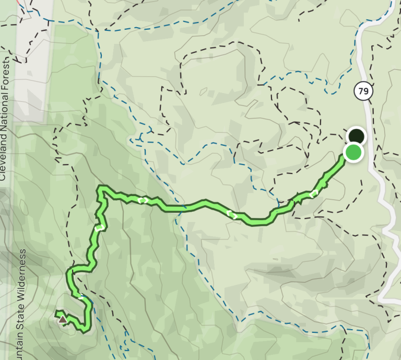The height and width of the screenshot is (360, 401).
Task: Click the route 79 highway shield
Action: click(x=364, y=92)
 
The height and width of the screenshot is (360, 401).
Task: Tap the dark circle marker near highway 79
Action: click(x=357, y=136)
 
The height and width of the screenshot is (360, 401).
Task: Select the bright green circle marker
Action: click(x=353, y=153)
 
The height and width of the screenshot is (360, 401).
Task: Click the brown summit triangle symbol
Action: click(x=63, y=318)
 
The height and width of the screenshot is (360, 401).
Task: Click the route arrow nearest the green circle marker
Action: click(x=313, y=194)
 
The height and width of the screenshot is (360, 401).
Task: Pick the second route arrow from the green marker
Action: click(x=232, y=214)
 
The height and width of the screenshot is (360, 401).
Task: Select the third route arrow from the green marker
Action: click(x=141, y=200)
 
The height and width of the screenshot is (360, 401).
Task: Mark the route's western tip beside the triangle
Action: click(x=56, y=313)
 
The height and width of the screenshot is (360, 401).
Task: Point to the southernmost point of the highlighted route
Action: click(x=84, y=330)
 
